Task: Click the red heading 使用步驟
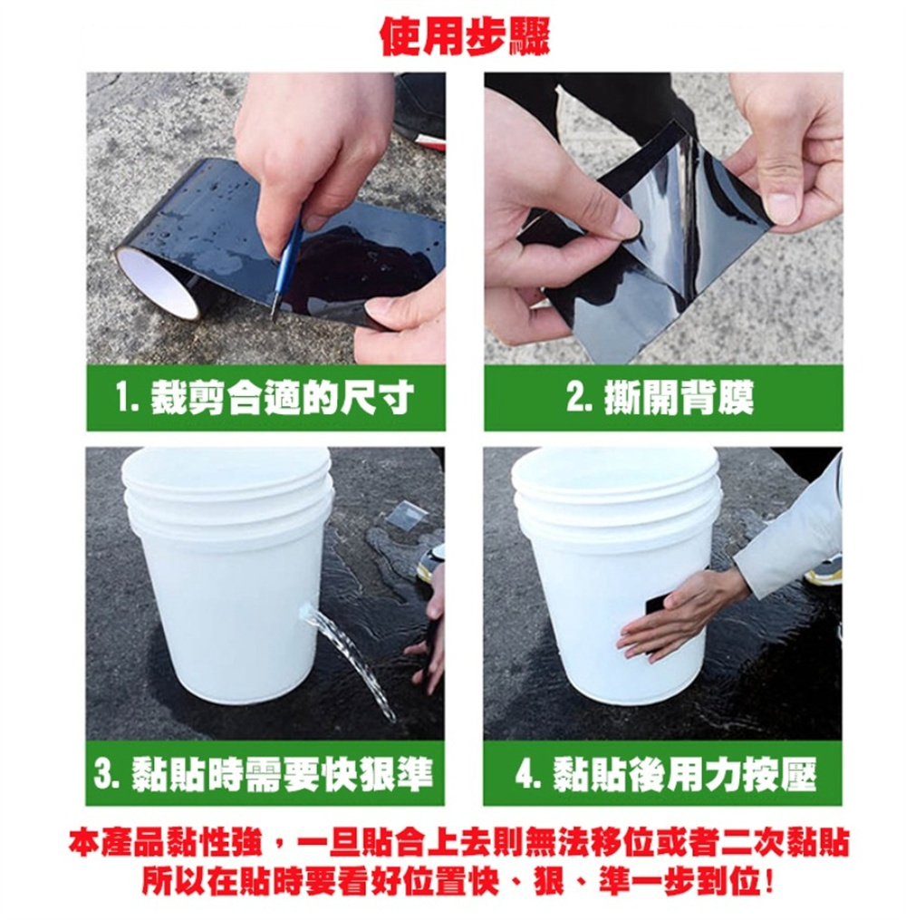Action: [465, 36]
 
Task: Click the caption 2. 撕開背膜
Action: [660, 397]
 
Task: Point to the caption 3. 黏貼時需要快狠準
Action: [264, 773]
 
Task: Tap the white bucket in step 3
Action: [228, 575]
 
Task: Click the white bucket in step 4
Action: [616, 575]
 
